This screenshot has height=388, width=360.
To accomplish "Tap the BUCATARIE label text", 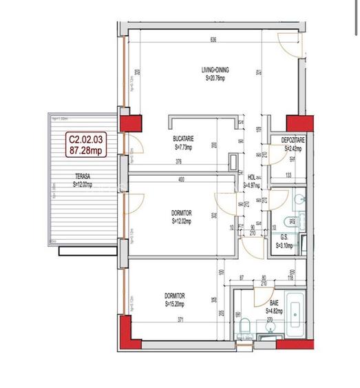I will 184,140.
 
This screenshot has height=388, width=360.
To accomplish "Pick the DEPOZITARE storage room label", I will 294,140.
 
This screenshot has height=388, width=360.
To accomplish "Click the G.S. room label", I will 284,236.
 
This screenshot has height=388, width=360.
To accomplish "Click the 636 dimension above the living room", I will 214,40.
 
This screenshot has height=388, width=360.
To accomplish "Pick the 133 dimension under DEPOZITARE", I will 289,174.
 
